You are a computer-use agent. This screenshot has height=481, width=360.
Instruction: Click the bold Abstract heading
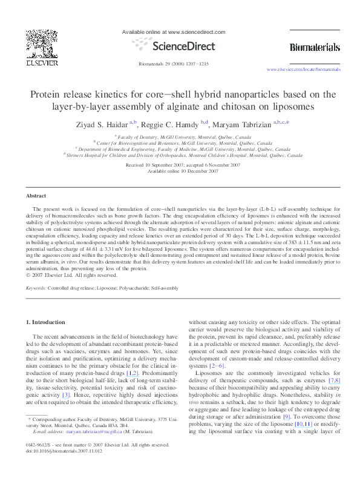36,196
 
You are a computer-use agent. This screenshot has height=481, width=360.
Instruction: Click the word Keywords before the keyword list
36,289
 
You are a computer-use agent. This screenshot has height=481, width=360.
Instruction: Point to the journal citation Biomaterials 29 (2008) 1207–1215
174,63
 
